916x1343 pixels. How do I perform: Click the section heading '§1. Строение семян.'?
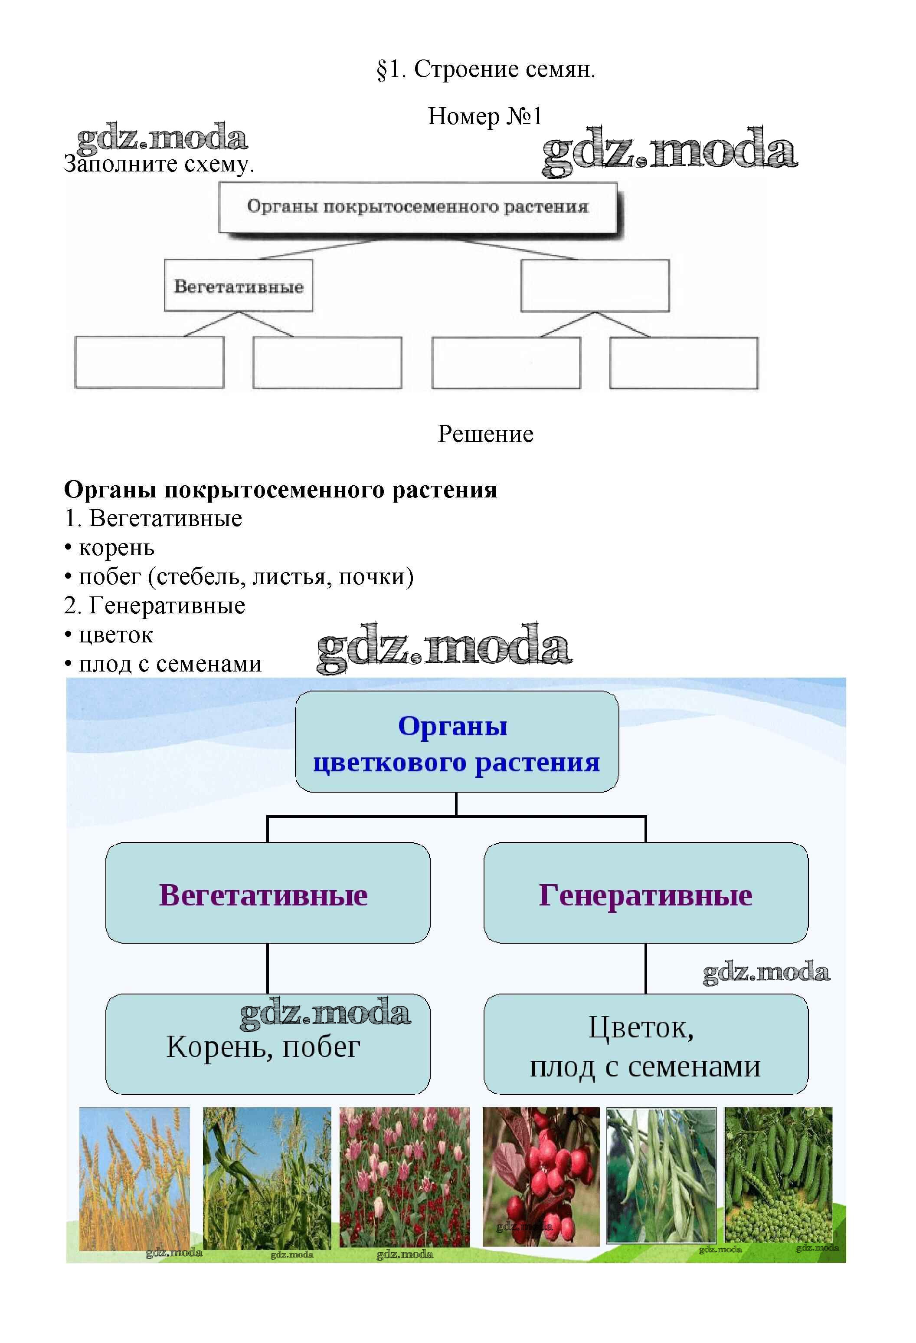[485, 69]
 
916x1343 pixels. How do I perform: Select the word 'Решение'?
[485, 434]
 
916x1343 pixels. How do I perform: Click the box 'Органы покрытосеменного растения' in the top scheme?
[418, 207]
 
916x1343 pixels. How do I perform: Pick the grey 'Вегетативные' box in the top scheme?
[239, 286]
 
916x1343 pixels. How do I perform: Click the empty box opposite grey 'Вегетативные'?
[595, 286]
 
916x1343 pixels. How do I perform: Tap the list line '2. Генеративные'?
[155, 606]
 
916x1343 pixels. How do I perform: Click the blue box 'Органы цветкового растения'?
[456, 743]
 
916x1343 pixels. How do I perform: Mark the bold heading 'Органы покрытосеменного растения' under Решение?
[280, 490]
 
